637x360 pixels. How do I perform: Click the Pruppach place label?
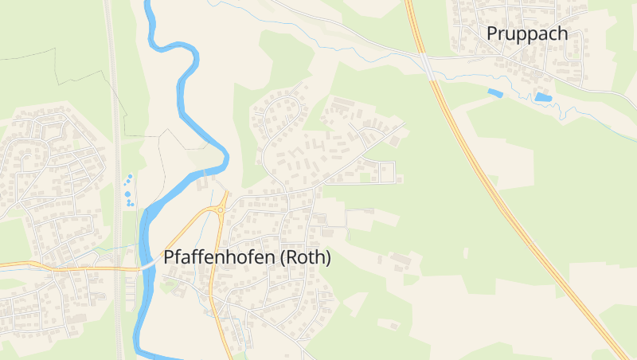tap(527, 33)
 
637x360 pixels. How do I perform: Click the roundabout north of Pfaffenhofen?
tap(220, 210)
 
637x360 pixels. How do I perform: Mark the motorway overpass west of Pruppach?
tap(428, 66)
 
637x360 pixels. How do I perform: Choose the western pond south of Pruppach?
tap(494, 93)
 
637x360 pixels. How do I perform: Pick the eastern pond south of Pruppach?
tap(544, 97)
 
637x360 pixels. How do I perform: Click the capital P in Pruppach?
tap(492, 33)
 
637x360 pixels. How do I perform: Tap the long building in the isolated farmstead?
tap(404, 260)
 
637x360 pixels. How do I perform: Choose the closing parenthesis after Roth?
tap(327, 258)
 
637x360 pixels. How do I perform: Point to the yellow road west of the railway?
tap(48, 265)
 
